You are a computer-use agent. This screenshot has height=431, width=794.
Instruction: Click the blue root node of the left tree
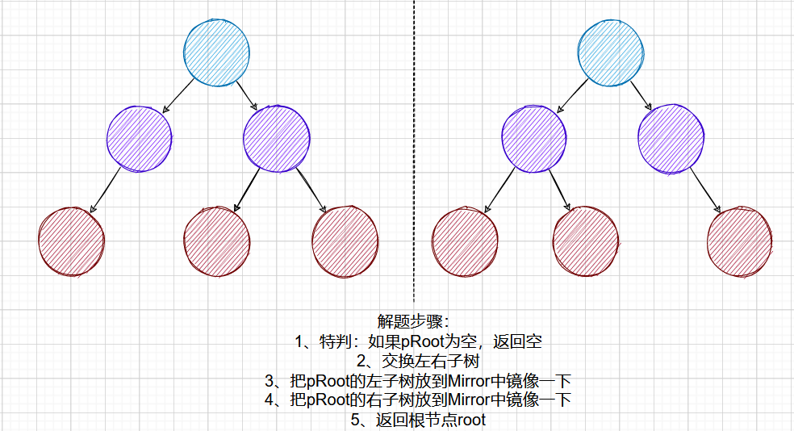tap(215, 52)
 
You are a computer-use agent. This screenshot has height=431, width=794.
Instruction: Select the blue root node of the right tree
tap(611, 52)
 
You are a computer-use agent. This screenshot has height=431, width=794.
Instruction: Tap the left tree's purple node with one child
tap(139, 138)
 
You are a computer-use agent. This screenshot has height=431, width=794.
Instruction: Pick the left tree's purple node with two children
tap(276, 138)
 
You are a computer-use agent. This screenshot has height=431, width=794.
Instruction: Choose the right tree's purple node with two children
tap(534, 138)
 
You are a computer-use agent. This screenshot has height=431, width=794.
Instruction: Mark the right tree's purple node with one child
tap(671, 138)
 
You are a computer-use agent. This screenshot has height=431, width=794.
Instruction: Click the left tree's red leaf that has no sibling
tap(71, 241)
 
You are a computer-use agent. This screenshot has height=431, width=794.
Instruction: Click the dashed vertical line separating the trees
tap(414, 161)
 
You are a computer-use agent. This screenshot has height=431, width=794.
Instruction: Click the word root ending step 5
tap(470, 420)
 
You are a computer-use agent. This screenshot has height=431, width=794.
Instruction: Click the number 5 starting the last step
tap(353, 420)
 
